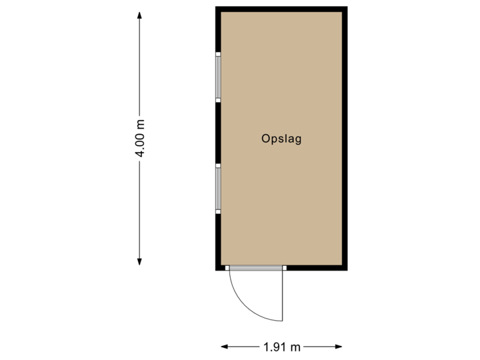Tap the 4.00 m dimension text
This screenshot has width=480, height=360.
tap(140, 138)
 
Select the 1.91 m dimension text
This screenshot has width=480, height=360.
tap(281, 346)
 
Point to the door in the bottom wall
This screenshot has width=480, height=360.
tap(255, 268)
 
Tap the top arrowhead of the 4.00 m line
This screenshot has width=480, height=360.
tap(139, 15)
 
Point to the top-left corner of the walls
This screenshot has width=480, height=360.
tap(217, 9)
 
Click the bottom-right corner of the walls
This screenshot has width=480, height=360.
tap(345, 268)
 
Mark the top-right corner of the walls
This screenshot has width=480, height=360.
tap(345, 9)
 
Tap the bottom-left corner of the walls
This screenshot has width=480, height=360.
tap(218, 268)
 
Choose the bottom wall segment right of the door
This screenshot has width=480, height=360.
tap(316, 268)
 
